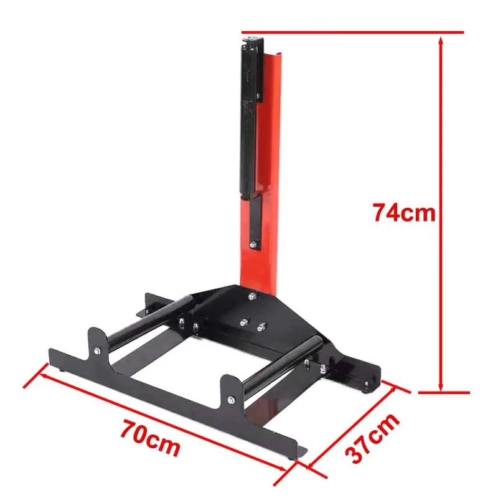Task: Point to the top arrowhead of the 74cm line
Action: pyautogui.click(x=441, y=39)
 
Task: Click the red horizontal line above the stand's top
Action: pyautogui.click(x=352, y=32)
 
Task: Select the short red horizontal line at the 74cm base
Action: pyautogui.click(x=443, y=393)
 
